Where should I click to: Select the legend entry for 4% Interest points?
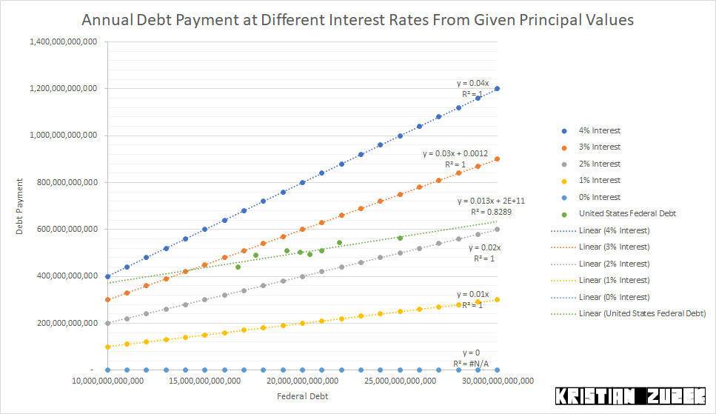(600, 130)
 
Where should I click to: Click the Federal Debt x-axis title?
(302, 396)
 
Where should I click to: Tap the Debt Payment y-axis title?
(21, 206)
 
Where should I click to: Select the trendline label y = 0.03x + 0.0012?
(455, 153)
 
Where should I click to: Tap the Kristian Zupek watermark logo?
(630, 396)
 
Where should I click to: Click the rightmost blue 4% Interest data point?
(497, 88)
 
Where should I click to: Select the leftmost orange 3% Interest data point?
(107, 299)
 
